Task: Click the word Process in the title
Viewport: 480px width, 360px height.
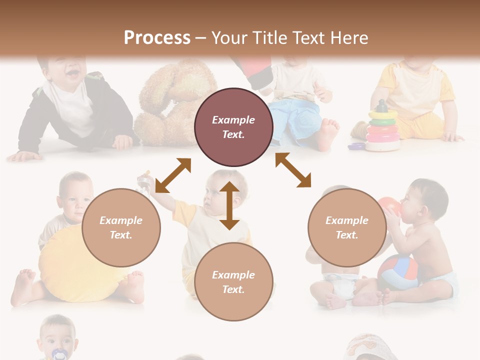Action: [x=157, y=37]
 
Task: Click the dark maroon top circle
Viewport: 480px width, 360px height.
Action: [x=233, y=127]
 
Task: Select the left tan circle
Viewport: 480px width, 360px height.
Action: [x=121, y=227]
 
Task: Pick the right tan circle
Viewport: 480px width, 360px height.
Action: [x=347, y=227]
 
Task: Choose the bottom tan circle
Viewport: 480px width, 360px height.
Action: [x=233, y=282]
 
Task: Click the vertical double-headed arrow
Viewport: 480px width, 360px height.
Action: [x=229, y=205]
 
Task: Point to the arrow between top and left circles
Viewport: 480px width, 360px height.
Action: [x=173, y=175]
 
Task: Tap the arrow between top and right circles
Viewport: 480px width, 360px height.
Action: [x=293, y=170]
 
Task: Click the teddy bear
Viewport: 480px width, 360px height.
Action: [x=170, y=105]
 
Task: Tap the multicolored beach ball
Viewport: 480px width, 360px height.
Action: [x=397, y=272]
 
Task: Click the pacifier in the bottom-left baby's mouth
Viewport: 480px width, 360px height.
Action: [x=59, y=354]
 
